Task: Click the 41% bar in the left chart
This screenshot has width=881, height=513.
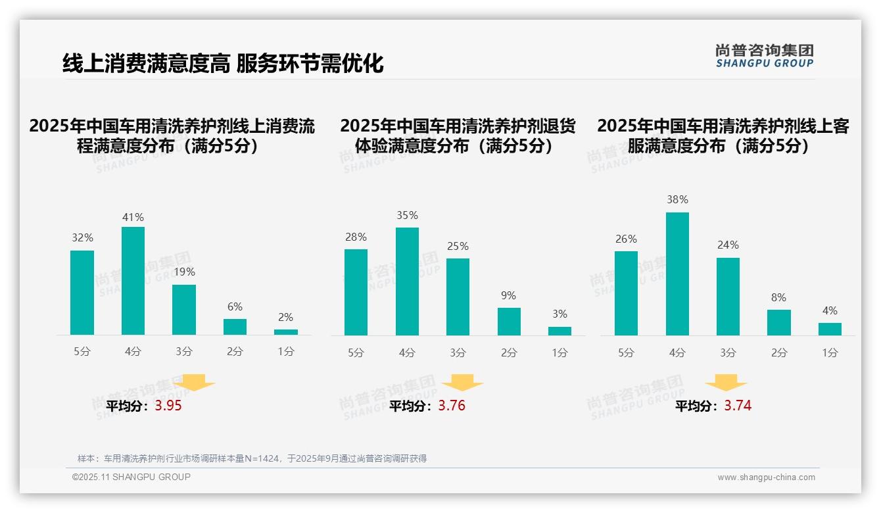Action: tap(133, 281)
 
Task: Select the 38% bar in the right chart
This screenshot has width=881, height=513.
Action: tap(677, 274)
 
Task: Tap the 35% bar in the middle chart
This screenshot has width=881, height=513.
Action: tap(407, 281)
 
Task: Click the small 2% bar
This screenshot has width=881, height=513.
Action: tap(286, 332)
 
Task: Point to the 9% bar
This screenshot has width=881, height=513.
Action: tap(509, 322)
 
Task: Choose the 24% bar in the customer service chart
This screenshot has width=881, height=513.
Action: tap(728, 296)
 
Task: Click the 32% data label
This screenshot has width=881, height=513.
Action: tap(82, 238)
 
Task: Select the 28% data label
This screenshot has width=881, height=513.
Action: tap(356, 237)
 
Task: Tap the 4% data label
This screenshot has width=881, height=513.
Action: tap(830, 310)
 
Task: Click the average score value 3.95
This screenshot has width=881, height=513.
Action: tap(168, 406)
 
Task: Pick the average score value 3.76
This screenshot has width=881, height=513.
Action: tap(452, 406)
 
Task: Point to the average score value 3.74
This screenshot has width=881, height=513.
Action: tap(738, 406)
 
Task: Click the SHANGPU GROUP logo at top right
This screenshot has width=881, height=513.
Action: tap(764, 55)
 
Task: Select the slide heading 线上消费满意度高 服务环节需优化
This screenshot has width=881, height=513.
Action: tap(223, 63)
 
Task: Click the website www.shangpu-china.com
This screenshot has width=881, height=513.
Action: tap(766, 477)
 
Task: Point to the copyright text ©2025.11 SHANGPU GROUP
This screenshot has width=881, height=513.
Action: tap(131, 477)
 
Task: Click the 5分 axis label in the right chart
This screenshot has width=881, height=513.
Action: tap(626, 353)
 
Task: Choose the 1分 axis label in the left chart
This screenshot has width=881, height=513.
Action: tap(286, 351)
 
